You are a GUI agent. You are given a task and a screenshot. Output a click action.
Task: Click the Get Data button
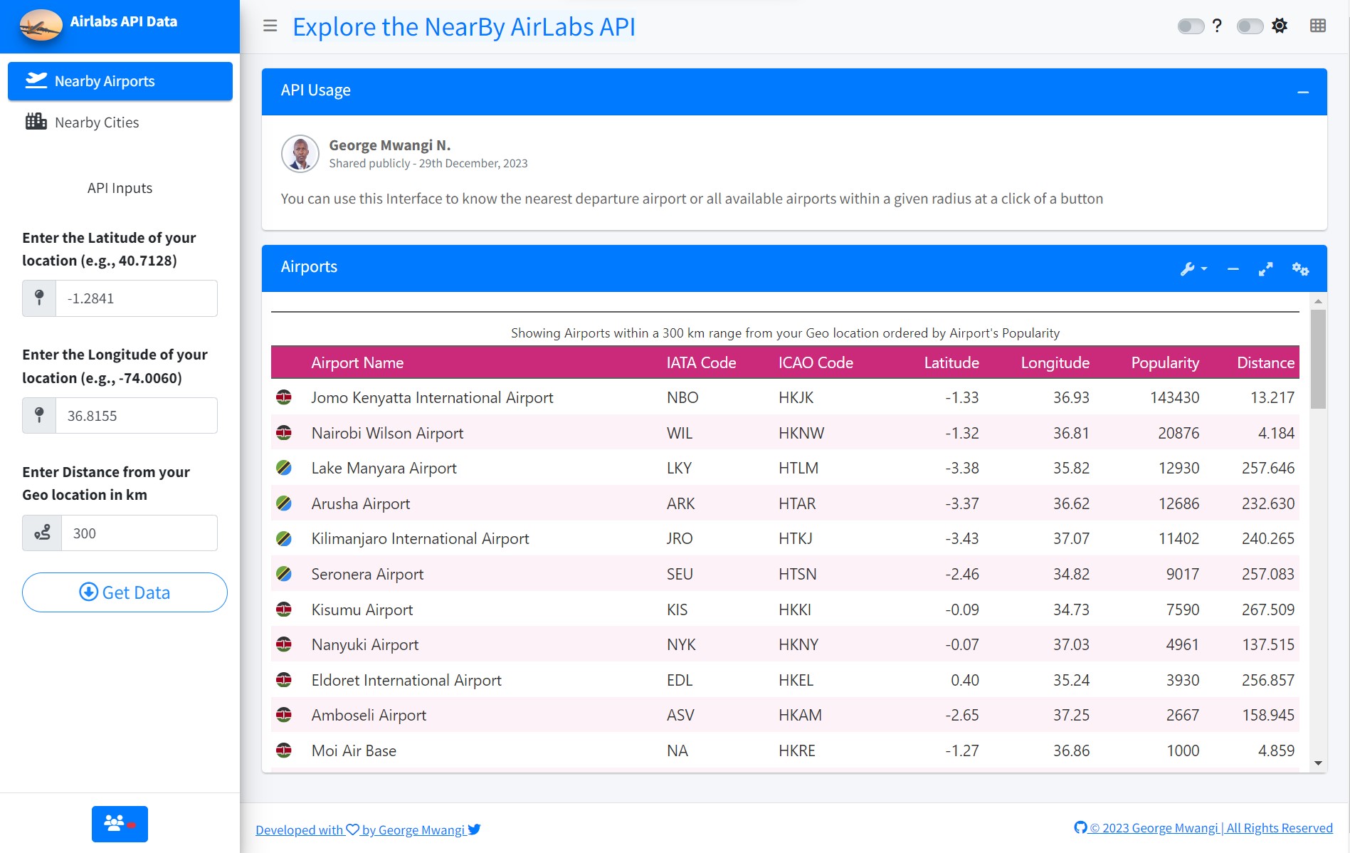[x=125, y=592]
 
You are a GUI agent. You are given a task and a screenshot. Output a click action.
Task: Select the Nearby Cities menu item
[x=97, y=122]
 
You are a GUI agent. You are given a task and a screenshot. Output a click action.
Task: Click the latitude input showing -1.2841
[x=136, y=298]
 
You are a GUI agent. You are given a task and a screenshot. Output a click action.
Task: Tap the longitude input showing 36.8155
[x=136, y=416]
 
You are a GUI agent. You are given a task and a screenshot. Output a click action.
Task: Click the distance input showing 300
[x=139, y=533]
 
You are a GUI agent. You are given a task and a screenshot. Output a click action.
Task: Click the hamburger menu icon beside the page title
[x=270, y=26]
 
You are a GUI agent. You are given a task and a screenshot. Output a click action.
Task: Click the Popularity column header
[x=1164, y=362]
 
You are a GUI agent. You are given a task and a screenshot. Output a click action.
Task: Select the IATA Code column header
[x=701, y=362]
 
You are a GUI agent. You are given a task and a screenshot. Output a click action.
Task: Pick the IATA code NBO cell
[x=682, y=397]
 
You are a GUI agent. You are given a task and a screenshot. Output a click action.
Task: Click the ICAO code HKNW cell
[x=801, y=433]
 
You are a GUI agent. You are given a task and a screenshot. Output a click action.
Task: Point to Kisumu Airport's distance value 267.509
[x=1267, y=609]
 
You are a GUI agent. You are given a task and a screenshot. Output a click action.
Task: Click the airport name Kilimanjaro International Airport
[x=420, y=538]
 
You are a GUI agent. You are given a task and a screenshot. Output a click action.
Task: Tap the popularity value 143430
[x=1174, y=397]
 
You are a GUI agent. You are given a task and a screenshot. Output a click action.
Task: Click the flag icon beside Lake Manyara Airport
[x=284, y=468]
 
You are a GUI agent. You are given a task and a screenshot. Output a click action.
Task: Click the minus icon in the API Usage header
[x=1303, y=92]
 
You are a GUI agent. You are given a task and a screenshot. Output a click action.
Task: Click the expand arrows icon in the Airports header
[x=1265, y=269]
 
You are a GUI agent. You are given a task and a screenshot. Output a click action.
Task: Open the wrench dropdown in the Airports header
[x=1193, y=269]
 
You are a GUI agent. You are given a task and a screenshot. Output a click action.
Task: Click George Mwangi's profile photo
[x=300, y=154]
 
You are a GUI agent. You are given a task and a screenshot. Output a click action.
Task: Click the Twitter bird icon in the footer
[x=475, y=830]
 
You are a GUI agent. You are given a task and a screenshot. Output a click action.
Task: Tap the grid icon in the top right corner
[x=1317, y=26]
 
